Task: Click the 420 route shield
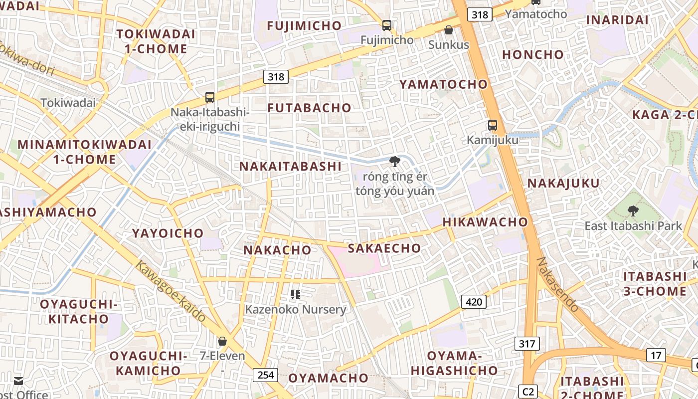(474, 301)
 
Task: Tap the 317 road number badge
(526, 343)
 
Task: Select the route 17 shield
(656, 355)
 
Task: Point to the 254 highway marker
(265, 375)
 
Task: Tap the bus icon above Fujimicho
(386, 25)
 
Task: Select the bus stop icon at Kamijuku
(493, 125)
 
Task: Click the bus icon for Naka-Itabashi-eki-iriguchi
(210, 97)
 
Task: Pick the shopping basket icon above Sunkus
(449, 30)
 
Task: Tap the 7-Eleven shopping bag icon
(222, 341)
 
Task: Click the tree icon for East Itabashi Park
(633, 211)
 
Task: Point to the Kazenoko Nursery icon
(296, 295)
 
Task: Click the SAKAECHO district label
(384, 248)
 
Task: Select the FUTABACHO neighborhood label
(309, 108)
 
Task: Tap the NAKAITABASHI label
(291, 167)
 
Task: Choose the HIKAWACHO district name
(485, 222)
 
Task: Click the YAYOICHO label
(168, 233)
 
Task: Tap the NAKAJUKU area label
(563, 184)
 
